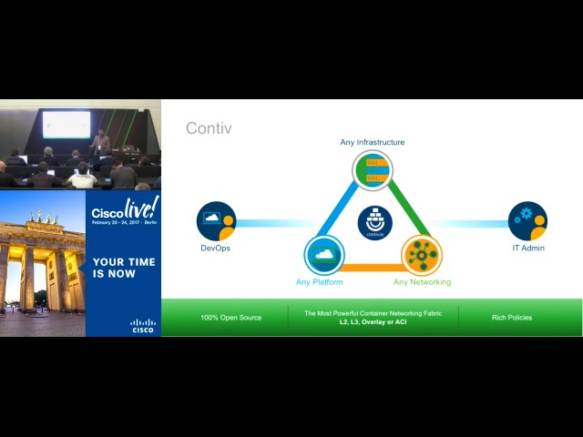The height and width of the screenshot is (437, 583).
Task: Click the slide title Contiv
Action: (x=209, y=128)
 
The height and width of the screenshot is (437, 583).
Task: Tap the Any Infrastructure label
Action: (x=372, y=142)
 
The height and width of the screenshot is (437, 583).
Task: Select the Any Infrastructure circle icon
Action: (x=372, y=170)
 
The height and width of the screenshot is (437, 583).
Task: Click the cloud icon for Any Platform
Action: (x=323, y=255)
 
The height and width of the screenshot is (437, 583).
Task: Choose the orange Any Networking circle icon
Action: (x=421, y=255)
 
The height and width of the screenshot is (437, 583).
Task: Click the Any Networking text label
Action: (x=422, y=282)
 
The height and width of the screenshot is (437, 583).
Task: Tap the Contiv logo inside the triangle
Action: (x=374, y=222)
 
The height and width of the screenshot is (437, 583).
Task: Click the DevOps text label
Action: (x=216, y=248)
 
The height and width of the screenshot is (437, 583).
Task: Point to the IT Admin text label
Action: (x=528, y=248)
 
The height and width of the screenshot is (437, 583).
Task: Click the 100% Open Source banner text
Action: (x=231, y=318)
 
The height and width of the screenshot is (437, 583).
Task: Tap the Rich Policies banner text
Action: (x=511, y=318)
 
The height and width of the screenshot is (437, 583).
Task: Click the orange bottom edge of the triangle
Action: (x=372, y=268)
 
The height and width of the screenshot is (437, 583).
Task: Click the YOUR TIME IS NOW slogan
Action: (x=124, y=268)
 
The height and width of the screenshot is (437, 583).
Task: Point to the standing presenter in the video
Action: (x=102, y=141)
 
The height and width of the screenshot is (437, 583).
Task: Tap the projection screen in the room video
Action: (x=66, y=125)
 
